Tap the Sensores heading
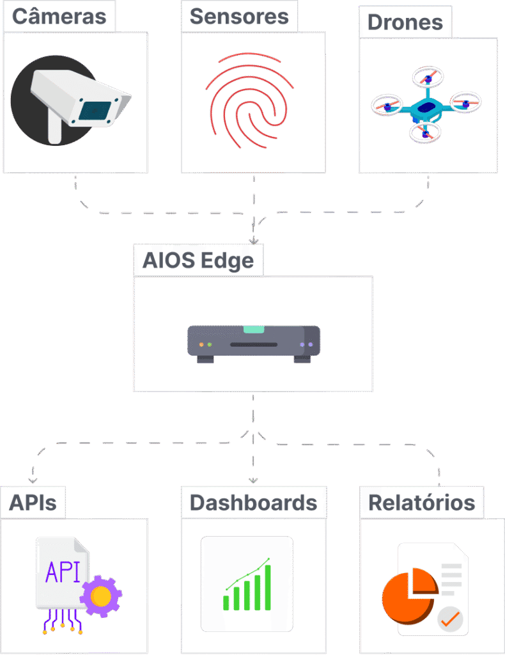tap(239, 16)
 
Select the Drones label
tap(405, 22)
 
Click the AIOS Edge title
tap(198, 260)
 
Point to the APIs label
tap(33, 503)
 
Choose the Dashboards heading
tap(253, 503)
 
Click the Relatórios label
tap(422, 503)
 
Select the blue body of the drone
tap(426, 107)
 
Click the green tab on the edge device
tap(253, 330)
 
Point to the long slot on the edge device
tap(253, 345)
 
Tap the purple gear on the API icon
tap(100, 596)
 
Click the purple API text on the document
tap(63, 572)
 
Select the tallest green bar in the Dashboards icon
tap(267, 587)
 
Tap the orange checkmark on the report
tap(451, 619)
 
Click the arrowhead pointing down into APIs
tap(32, 480)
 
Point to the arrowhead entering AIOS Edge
tap(254, 241)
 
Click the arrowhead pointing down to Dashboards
tap(253, 480)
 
